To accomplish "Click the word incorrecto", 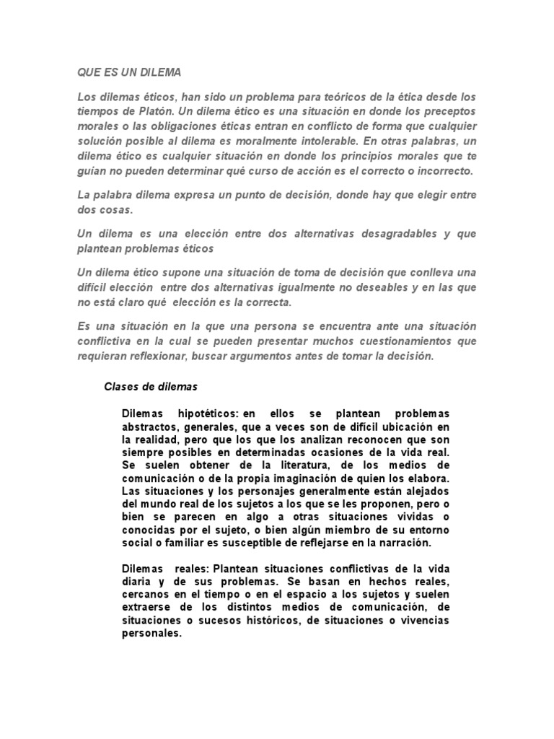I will coord(442,171).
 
